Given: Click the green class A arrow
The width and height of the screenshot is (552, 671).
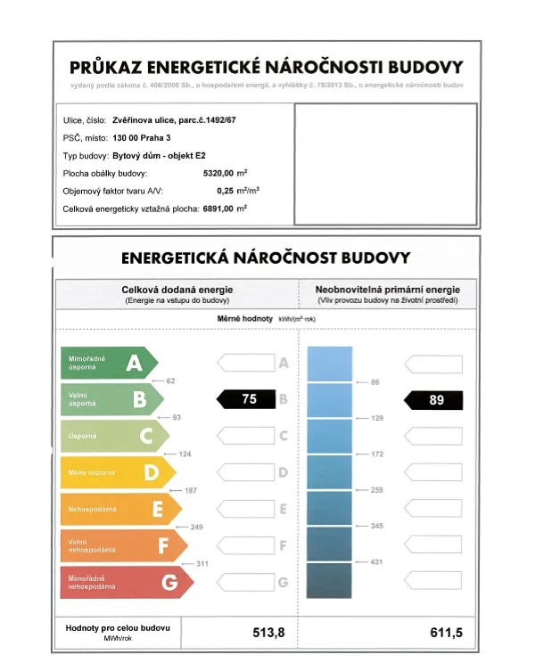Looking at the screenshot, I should (108, 363).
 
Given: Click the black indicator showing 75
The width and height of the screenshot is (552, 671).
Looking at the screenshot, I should (249, 399).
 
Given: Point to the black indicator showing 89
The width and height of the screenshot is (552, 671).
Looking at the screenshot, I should (436, 400).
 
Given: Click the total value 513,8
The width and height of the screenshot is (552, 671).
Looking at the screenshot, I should (268, 632).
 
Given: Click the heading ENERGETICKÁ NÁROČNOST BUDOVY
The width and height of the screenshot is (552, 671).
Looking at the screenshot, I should (266, 258).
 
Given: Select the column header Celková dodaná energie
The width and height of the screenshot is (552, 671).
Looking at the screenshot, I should (177, 290).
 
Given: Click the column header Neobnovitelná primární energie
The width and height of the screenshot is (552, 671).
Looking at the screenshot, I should (388, 290).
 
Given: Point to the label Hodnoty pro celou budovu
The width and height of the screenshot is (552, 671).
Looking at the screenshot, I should (118, 628).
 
